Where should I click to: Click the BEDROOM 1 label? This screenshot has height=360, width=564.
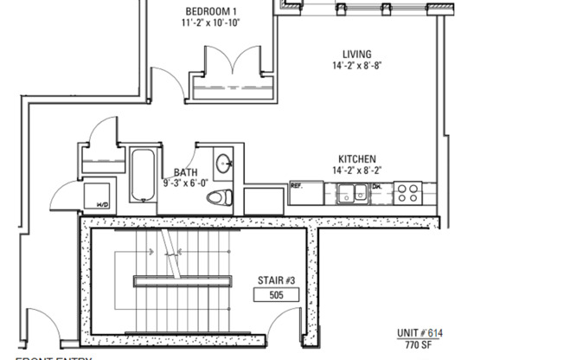point(211,11)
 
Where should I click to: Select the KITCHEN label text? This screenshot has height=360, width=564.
point(356,159)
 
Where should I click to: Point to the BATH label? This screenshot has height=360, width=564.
point(185,172)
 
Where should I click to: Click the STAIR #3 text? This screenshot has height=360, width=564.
point(276,280)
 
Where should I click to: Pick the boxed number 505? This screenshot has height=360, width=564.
point(277,294)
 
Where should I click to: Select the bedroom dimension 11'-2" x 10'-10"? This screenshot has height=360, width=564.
point(211,24)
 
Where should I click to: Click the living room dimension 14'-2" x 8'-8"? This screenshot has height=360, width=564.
point(357,66)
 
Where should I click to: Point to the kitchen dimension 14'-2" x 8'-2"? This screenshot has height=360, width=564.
point(357,171)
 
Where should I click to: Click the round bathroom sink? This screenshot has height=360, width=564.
point(223,162)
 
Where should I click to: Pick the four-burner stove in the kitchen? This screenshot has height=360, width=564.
point(407,193)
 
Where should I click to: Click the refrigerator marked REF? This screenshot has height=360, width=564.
point(305,193)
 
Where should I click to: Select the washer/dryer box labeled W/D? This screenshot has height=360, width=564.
point(98,195)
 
